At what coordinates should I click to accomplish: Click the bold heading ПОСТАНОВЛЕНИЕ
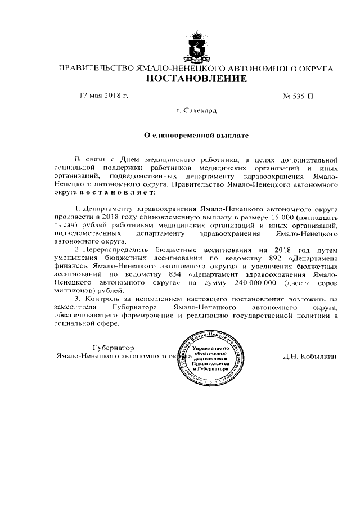(x=196, y=79)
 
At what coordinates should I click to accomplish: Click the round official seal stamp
(x=209, y=361)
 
